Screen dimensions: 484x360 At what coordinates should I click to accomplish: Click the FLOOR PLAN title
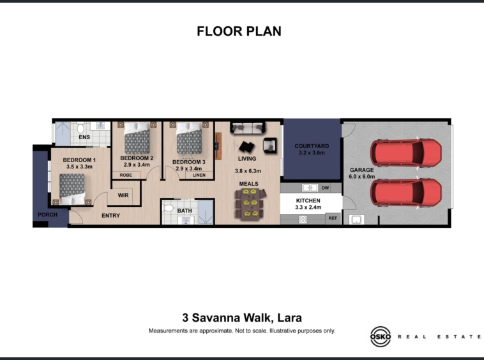tap(239, 31)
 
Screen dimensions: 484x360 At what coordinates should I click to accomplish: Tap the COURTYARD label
tap(312, 146)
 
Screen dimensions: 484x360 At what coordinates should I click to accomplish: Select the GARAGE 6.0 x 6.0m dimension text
tap(362, 177)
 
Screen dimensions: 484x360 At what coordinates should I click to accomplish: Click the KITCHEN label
tap(308, 200)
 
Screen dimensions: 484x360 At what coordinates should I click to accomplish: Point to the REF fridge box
tap(333, 218)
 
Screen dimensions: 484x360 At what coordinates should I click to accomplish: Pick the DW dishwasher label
tap(326, 188)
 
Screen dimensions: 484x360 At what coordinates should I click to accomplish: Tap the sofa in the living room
tap(248, 128)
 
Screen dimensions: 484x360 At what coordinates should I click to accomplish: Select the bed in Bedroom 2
tap(137, 138)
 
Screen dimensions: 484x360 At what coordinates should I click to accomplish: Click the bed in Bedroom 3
tap(189, 138)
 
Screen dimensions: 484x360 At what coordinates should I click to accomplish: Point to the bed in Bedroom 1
tap(72, 189)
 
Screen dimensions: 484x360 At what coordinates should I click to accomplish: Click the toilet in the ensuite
tap(80, 128)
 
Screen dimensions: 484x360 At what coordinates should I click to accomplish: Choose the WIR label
tap(123, 195)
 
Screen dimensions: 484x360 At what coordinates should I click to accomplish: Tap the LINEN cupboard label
tap(199, 175)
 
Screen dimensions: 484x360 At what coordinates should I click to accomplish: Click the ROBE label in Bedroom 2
tap(126, 175)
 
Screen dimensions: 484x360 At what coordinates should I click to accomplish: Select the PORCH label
tap(47, 214)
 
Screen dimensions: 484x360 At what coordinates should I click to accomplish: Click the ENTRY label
tap(111, 216)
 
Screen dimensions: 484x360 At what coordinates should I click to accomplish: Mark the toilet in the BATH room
tap(168, 207)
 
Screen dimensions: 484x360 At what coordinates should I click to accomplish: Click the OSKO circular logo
tap(381, 336)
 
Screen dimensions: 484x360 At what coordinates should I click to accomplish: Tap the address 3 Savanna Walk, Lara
tap(242, 318)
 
